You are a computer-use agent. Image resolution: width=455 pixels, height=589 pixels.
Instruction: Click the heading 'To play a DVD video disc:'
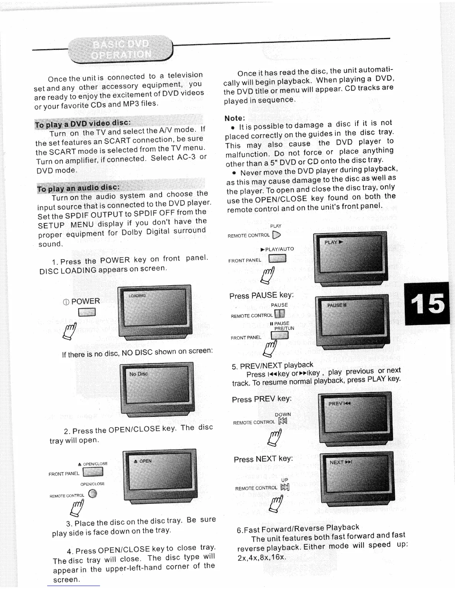tap(83, 123)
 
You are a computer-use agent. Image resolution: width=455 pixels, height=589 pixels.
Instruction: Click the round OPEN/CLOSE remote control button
tap(93, 494)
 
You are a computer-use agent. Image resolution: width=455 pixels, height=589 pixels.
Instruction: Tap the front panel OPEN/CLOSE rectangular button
tap(93, 472)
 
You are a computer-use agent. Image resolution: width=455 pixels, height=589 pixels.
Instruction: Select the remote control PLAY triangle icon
tap(276, 235)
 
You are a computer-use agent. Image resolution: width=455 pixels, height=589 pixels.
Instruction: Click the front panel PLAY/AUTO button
tap(277, 258)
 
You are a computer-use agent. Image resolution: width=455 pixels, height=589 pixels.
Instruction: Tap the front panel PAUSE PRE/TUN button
tap(280, 335)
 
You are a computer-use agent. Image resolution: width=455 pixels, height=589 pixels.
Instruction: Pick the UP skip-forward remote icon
tap(285, 487)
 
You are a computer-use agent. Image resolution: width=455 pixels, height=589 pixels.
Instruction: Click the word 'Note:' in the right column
tap(235, 118)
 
